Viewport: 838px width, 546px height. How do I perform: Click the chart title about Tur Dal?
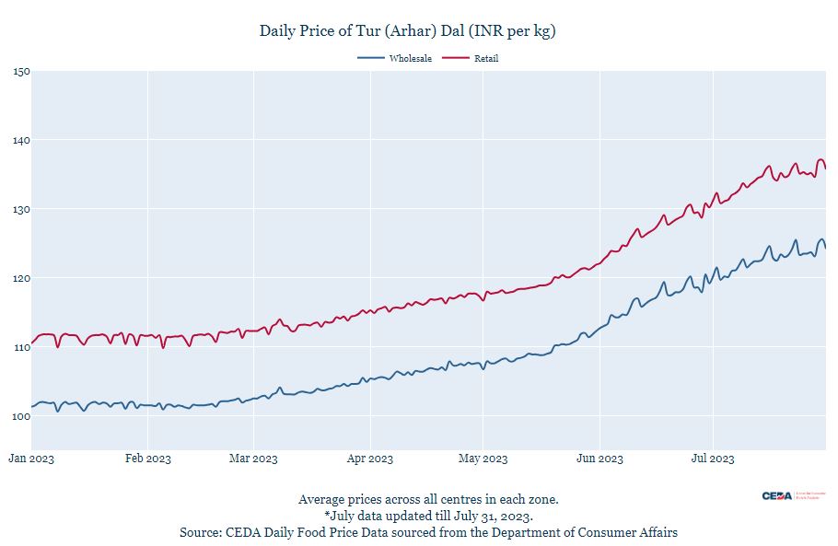pyautogui.click(x=407, y=31)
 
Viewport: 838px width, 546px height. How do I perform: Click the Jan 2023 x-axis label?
pyautogui.click(x=31, y=459)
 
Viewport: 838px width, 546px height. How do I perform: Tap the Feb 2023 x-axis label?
pyautogui.click(x=147, y=459)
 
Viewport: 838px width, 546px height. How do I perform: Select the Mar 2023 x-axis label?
pyautogui.click(x=253, y=459)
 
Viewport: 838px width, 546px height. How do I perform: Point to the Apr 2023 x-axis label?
pyautogui.click(x=369, y=459)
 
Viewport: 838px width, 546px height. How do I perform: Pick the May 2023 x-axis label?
pyautogui.click(x=483, y=459)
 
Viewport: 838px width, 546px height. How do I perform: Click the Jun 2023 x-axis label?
pyautogui.click(x=599, y=459)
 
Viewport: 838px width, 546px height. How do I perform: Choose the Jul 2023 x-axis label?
pyautogui.click(x=712, y=459)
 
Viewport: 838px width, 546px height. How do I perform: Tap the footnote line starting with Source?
pyautogui.click(x=428, y=532)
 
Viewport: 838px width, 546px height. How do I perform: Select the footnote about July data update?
pyautogui.click(x=428, y=516)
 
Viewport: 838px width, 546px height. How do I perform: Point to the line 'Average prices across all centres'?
pyautogui.click(x=428, y=499)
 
